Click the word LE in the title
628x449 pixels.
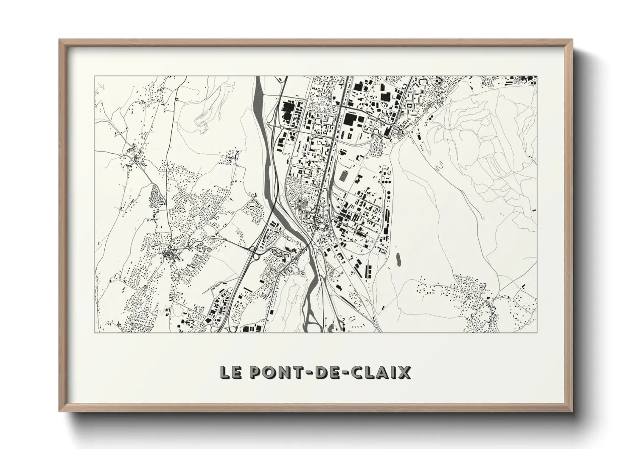point(230,372)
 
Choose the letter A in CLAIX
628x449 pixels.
point(383,372)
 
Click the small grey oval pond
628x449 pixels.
point(398,259)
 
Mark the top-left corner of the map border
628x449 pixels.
point(95,76)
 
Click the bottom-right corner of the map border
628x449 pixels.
point(537,332)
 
